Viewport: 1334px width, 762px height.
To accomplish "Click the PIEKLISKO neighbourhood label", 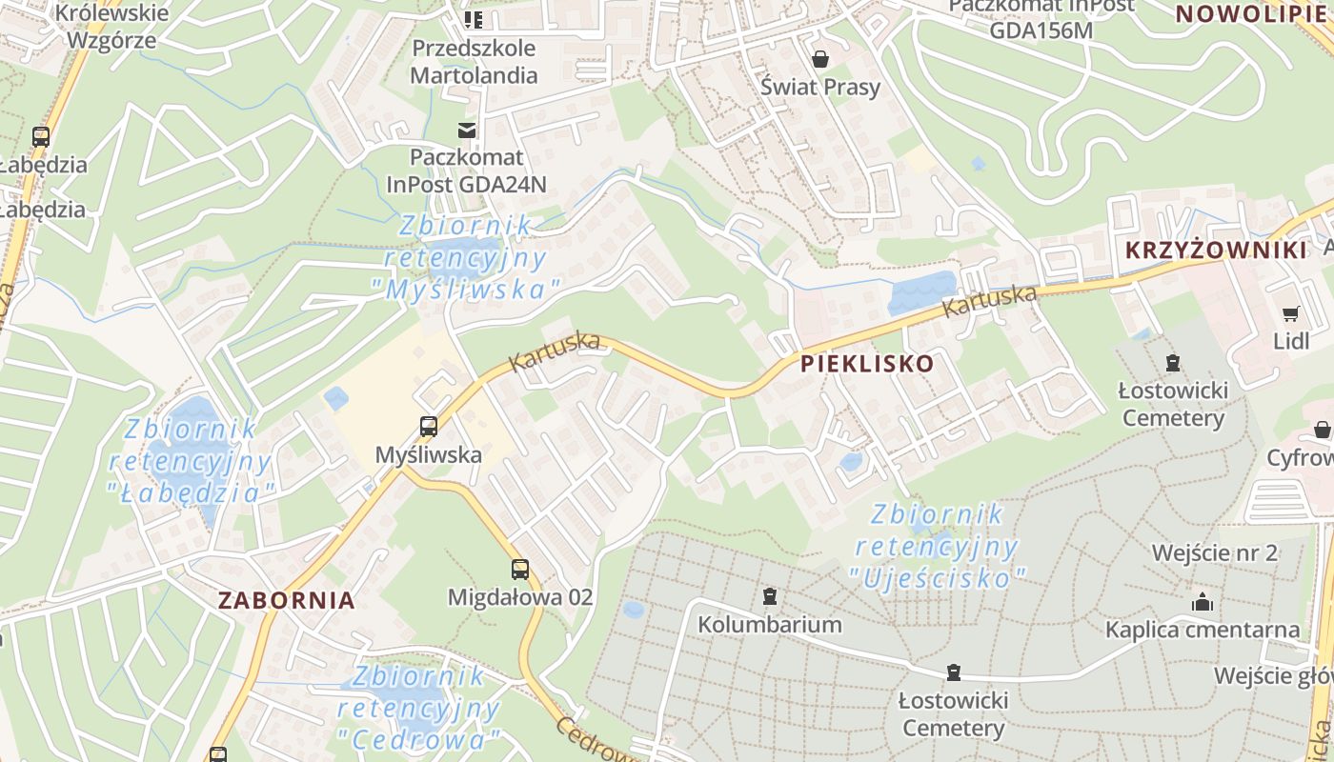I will pos(867,364).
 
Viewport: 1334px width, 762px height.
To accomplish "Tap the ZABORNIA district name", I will pos(286,601).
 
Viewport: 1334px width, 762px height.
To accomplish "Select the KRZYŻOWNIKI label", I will pos(1216,251).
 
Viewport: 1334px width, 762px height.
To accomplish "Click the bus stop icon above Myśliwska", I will pos(429,426).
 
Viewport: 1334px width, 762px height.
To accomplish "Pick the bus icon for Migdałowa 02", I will pos(519,570).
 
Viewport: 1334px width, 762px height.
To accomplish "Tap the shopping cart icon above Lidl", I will pos(1291,313).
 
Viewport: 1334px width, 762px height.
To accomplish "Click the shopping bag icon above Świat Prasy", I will pos(819,60).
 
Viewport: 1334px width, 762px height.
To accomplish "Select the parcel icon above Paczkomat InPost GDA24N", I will pos(467,130).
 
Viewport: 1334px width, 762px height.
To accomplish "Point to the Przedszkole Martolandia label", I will pos(475,61).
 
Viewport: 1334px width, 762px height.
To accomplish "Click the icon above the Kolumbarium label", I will pos(770,597).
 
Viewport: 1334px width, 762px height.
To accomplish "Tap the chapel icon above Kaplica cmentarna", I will pos(1203,602).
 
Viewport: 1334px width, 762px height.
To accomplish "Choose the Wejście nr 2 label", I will pos(1214,553).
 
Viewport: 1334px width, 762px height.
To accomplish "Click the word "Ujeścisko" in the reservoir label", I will pos(938,577).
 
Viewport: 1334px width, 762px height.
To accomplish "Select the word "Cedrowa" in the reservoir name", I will pos(419,739).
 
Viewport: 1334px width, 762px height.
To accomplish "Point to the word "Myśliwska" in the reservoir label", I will pos(466,289).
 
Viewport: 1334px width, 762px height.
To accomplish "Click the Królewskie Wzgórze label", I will pos(112,26).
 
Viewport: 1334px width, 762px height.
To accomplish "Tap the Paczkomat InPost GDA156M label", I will pos(1041,17).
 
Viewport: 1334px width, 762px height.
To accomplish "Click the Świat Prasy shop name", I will pos(820,87).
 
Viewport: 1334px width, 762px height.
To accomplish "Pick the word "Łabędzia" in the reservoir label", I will pos(192,492).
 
